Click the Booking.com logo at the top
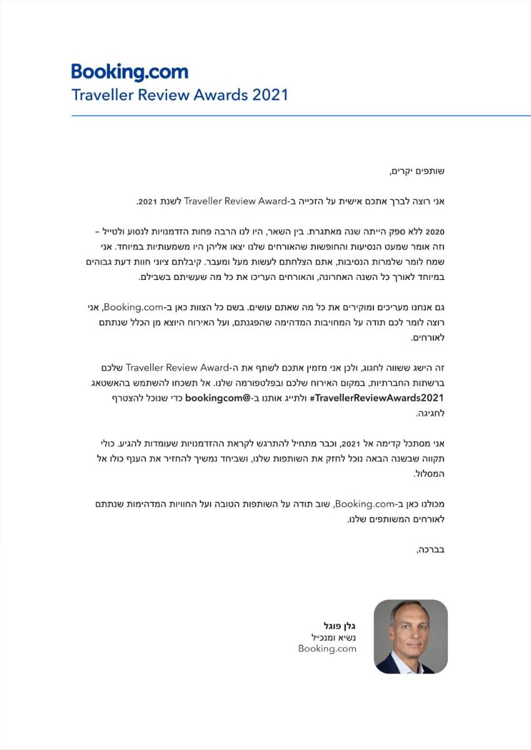click(129, 72)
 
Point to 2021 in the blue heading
click(270, 96)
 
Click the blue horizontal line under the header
click(300, 116)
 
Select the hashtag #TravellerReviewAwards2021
click(379, 397)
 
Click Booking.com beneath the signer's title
click(327, 649)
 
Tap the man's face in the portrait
click(410, 629)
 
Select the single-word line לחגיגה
click(432, 413)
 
